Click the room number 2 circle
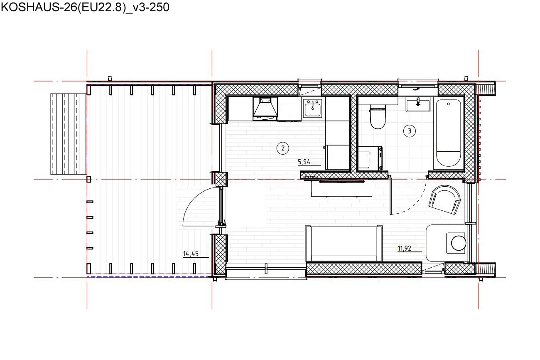point(283,148)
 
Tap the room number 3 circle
point(409,131)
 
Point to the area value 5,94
point(304,162)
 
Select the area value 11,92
point(404,248)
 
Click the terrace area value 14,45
point(191,254)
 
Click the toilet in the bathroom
point(377,117)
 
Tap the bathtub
point(448,133)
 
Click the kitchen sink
point(312,108)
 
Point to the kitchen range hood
point(265,109)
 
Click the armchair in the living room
point(445,200)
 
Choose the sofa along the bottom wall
point(344,244)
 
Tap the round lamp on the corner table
point(459,243)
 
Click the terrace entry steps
point(69,134)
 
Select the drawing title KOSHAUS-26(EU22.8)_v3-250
point(85,7)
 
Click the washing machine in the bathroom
point(370,158)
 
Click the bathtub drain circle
point(448,104)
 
